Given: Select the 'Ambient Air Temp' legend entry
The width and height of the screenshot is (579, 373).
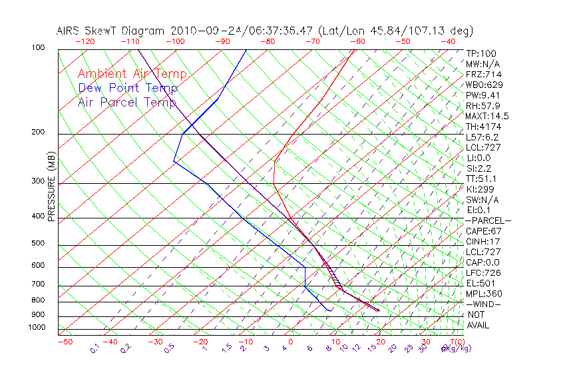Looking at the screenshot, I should pyautogui.click(x=132, y=74).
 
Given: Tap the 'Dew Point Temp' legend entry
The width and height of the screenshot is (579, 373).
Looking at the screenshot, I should pyautogui.click(x=128, y=88).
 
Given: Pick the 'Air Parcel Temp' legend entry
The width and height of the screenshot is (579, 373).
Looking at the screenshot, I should pyautogui.click(x=126, y=102).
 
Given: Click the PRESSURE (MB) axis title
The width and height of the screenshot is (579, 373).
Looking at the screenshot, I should pyautogui.click(x=51, y=187).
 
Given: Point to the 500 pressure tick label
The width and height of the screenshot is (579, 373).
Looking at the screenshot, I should pyautogui.click(x=38, y=244).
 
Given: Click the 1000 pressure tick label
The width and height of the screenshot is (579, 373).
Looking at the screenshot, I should pyautogui.click(x=36, y=328).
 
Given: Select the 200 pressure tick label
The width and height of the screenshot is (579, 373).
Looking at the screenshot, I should pyautogui.click(x=38, y=133).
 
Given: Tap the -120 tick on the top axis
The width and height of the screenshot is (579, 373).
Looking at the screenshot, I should pyautogui.click(x=85, y=41).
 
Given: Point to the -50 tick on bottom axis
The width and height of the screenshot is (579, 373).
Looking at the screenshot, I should pyautogui.click(x=65, y=342).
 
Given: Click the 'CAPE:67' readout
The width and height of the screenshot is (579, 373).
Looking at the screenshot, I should pyautogui.click(x=484, y=231).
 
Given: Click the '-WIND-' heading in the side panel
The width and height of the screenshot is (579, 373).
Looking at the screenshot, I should pyautogui.click(x=483, y=304).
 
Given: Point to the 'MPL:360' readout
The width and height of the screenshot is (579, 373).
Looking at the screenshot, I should pyautogui.click(x=484, y=294).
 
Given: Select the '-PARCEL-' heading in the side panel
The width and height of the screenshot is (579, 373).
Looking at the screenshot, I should pyautogui.click(x=488, y=220).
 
